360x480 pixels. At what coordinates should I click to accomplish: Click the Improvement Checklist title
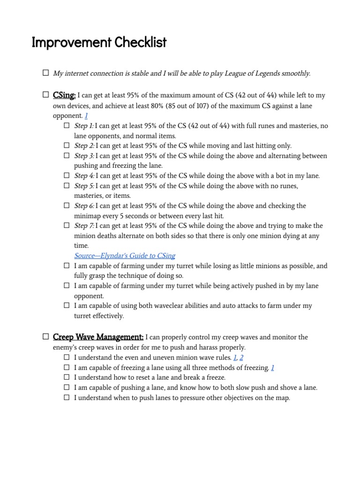pyautogui.click(x=99, y=43)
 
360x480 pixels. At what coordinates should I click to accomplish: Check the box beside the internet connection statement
pyautogui.click(x=45, y=73)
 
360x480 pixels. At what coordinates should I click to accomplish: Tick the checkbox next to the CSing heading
pyautogui.click(x=45, y=95)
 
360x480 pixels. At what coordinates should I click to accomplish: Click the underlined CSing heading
pyautogui.click(x=64, y=95)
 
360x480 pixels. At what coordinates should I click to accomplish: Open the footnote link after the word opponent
pyautogui.click(x=86, y=115)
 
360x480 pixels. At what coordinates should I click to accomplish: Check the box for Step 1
pyautogui.click(x=67, y=126)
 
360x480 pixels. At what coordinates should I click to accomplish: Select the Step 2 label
pyautogui.click(x=84, y=146)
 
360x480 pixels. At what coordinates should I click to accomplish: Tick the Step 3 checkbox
pyautogui.click(x=67, y=156)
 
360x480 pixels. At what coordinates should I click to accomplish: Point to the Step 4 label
pyautogui.click(x=84, y=176)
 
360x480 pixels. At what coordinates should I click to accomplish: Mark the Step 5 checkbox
pyautogui.click(x=67, y=186)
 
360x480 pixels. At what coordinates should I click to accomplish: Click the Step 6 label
pyautogui.click(x=84, y=206)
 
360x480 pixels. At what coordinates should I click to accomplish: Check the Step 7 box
pyautogui.click(x=67, y=225)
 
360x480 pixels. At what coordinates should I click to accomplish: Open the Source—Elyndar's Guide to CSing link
pyautogui.click(x=125, y=255)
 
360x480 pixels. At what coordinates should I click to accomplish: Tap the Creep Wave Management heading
pyautogui.click(x=98, y=337)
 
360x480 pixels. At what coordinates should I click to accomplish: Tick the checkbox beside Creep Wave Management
pyautogui.click(x=45, y=337)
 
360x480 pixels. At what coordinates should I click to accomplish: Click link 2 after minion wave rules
pyautogui.click(x=241, y=357)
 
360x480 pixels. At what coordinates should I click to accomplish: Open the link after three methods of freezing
pyautogui.click(x=272, y=367)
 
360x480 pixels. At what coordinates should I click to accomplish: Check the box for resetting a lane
pyautogui.click(x=67, y=377)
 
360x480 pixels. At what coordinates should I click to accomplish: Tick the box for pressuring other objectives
pyautogui.click(x=67, y=397)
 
